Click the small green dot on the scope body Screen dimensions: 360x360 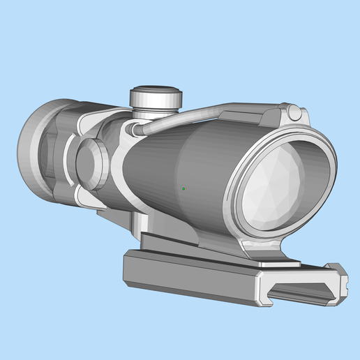pos(183,188)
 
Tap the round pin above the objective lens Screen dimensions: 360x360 pos(294,111)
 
